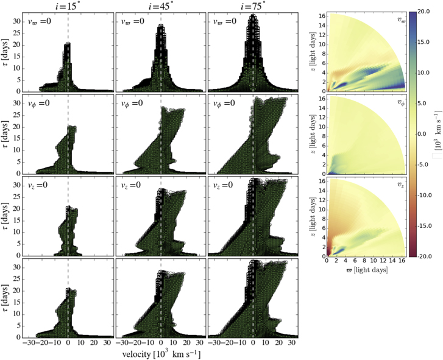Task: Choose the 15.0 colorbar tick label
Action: click(426, 42)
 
